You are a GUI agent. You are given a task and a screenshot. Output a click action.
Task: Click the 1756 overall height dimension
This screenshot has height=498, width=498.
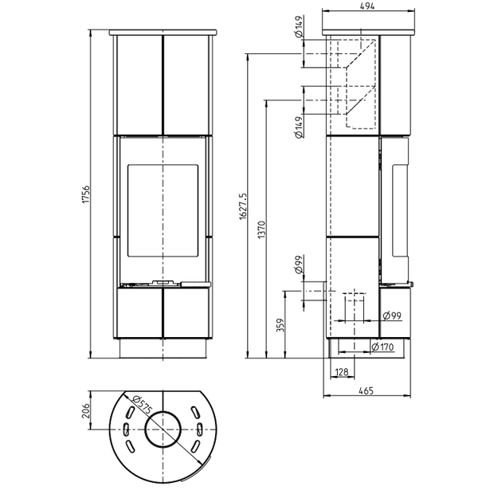pyautogui.click(x=86, y=194)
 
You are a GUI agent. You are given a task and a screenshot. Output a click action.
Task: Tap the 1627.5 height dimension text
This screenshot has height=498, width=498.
pyautogui.click(x=243, y=206)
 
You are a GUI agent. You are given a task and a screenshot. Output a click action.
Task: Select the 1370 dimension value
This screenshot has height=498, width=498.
pyautogui.click(x=261, y=230)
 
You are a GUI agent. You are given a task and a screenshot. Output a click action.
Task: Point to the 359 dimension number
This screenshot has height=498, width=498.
pyautogui.click(x=280, y=325)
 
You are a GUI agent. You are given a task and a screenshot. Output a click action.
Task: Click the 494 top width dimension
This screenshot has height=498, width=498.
pyautogui.click(x=367, y=6)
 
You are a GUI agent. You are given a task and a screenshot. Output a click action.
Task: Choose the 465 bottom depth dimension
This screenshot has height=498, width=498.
pyautogui.click(x=367, y=390)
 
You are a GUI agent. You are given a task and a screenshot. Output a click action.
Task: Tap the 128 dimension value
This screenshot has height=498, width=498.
pyautogui.click(x=341, y=371)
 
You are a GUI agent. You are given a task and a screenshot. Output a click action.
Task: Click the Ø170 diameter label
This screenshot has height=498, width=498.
pyautogui.click(x=382, y=347)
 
